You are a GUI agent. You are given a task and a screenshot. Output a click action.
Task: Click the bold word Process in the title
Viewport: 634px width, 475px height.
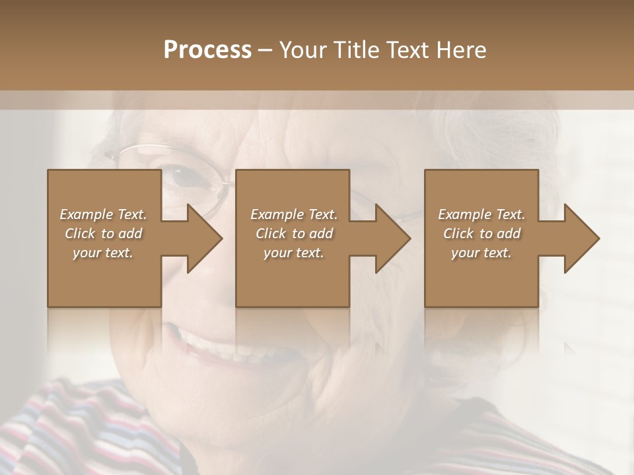click(x=207, y=50)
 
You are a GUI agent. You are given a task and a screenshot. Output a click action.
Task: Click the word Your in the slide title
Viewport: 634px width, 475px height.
click(x=305, y=50)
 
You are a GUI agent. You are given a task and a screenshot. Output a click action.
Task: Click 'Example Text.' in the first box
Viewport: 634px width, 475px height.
click(x=103, y=214)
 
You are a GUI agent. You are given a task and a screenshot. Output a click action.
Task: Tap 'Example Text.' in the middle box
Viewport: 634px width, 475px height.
click(x=293, y=214)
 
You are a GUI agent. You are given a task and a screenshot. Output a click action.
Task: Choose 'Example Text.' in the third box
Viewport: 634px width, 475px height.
click(x=481, y=214)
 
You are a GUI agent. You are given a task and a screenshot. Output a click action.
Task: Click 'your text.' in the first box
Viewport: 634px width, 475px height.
click(x=103, y=253)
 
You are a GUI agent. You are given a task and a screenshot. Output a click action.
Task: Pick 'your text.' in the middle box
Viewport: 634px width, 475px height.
click(x=293, y=253)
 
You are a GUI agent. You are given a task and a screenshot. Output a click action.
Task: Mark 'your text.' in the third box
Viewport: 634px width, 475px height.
click(x=481, y=253)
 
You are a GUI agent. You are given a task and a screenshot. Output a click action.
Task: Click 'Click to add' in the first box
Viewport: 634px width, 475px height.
click(x=103, y=234)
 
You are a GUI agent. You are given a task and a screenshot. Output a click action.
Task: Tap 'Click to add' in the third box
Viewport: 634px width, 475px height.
click(x=481, y=234)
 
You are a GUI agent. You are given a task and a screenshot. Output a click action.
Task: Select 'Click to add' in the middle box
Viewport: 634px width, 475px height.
click(x=293, y=234)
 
